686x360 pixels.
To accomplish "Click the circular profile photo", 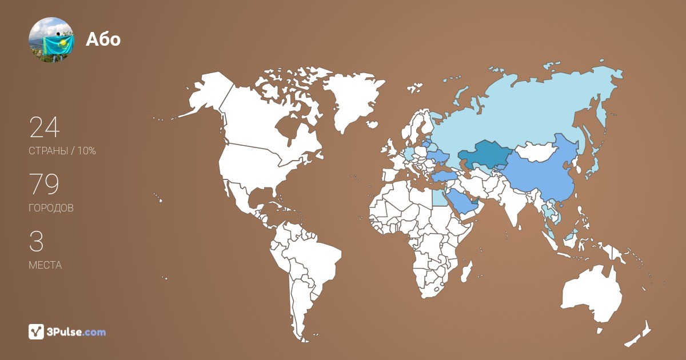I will [51, 39].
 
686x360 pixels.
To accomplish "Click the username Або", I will [103, 39].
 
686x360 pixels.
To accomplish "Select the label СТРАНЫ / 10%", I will [62, 151].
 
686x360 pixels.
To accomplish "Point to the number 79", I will [44, 184].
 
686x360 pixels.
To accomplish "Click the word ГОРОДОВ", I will [51, 209].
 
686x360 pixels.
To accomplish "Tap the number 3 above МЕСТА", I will [36, 242].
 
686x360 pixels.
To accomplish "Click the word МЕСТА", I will [45, 266].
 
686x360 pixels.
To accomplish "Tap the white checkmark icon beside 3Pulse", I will [37, 331].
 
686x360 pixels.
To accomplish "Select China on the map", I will [537, 174].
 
